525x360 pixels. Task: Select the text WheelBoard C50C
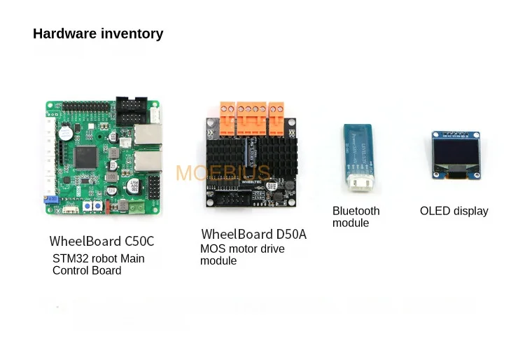tap(101, 241)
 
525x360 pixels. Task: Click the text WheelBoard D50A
tap(253, 234)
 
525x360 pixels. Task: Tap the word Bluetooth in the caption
tap(356, 211)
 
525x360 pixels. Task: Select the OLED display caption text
tap(454, 211)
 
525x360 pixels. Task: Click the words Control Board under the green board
tap(87, 270)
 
